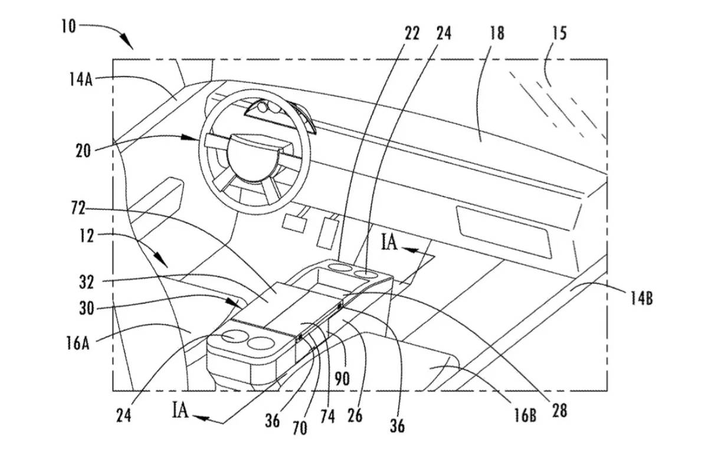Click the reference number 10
(x=68, y=27)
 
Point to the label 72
(x=78, y=208)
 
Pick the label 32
(x=87, y=282)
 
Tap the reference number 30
(x=87, y=309)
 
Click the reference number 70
(x=300, y=428)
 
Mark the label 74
(x=327, y=417)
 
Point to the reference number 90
(x=342, y=378)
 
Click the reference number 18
(x=497, y=33)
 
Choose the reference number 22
(x=412, y=33)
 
